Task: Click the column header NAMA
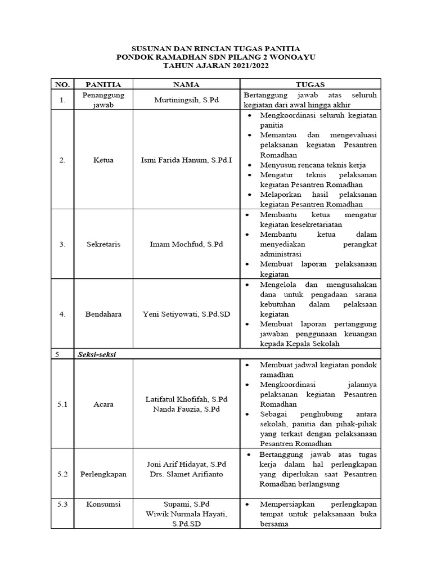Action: coord(186,84)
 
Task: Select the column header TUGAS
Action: coord(310,84)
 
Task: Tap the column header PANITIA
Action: coord(103,84)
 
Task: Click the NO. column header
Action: coord(62,84)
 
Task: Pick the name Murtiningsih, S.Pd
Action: coord(186,100)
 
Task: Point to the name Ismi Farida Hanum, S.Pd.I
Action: coord(186,160)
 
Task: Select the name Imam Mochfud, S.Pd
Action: coord(186,244)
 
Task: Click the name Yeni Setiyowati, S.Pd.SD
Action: coord(186,314)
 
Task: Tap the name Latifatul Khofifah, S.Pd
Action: coord(186,399)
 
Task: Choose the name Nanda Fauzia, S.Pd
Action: coord(186,409)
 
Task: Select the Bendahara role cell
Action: coord(103,314)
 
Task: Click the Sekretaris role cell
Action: coord(103,244)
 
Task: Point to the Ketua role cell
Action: coord(103,160)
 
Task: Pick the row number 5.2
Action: coord(62,474)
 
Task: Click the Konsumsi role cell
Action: coord(103,504)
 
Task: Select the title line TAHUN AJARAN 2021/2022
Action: coord(216,66)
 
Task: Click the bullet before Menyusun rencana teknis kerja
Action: coord(249,165)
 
